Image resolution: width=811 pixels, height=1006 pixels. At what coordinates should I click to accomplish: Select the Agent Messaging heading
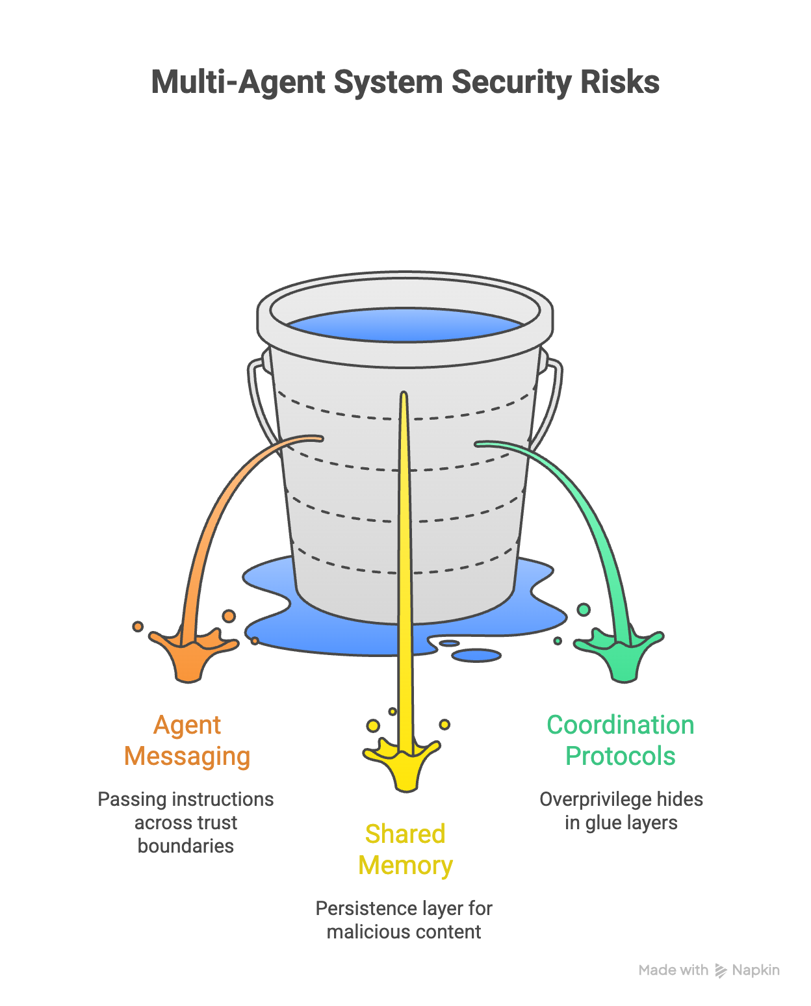[x=187, y=741]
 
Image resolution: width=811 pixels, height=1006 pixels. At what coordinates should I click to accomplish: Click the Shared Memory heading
[x=405, y=849]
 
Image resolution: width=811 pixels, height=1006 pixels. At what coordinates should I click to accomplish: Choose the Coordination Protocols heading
[x=621, y=741]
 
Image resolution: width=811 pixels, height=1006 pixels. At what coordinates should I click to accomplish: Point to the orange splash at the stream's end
[x=190, y=653]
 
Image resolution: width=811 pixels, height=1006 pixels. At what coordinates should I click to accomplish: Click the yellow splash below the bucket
[x=404, y=764]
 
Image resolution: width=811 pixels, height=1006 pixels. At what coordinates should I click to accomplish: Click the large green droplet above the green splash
[x=584, y=610]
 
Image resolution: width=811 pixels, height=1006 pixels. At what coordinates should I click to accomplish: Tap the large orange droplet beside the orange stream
[x=229, y=615]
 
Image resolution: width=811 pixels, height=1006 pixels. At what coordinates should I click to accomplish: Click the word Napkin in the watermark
[x=756, y=970]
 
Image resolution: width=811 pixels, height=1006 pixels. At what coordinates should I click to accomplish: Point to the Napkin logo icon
[x=721, y=971]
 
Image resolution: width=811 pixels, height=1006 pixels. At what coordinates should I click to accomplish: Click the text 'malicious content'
[x=404, y=932]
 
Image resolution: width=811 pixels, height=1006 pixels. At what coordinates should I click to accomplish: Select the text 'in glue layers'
[x=621, y=823]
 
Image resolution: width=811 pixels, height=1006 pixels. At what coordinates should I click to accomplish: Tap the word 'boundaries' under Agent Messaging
[x=186, y=846]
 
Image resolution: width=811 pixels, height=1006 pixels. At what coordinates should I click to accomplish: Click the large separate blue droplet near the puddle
[x=476, y=655]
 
